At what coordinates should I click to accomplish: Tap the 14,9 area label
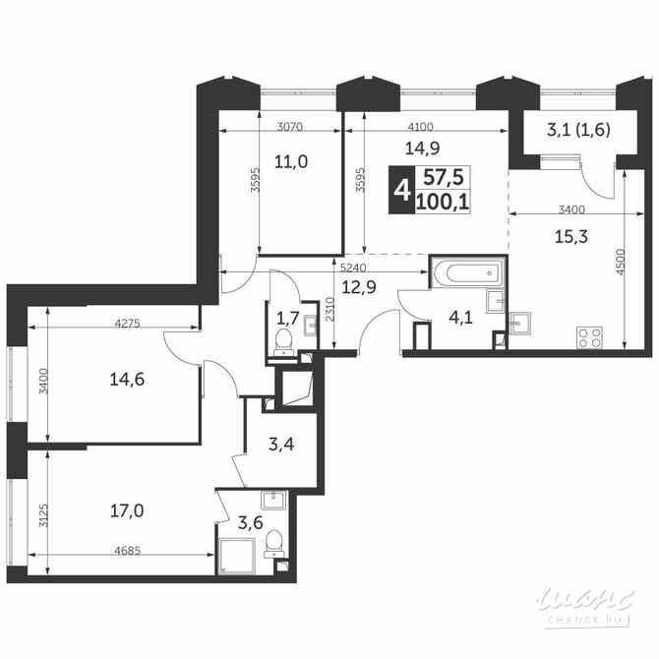[x=421, y=150]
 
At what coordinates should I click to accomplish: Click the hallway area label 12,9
[x=359, y=286]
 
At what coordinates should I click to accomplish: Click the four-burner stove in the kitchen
[x=589, y=337]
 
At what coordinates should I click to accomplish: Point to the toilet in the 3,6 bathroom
[x=276, y=541]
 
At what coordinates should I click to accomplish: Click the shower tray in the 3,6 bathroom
[x=235, y=553]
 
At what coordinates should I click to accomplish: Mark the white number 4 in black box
[x=400, y=189]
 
